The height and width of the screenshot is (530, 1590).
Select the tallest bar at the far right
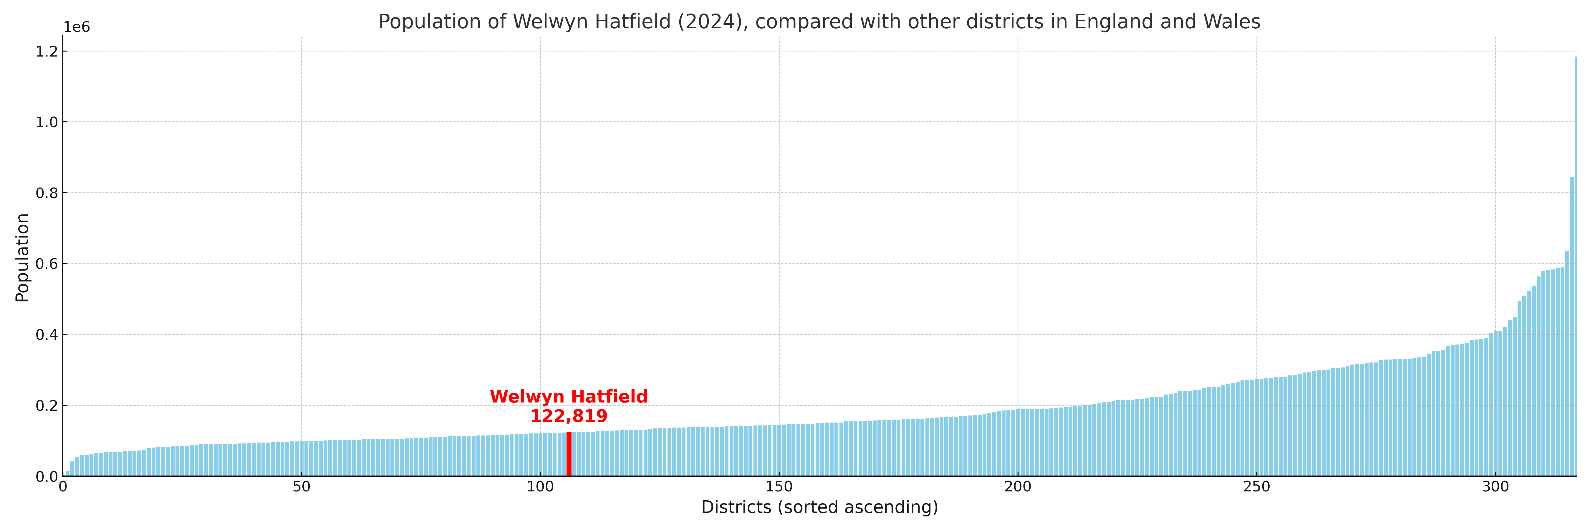click(x=1575, y=265)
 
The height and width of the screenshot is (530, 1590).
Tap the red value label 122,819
click(x=569, y=416)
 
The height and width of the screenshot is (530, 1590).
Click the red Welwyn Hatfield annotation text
click(x=569, y=397)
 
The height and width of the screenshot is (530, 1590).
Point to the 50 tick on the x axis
click(x=301, y=487)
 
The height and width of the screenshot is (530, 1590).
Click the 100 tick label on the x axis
click(x=540, y=487)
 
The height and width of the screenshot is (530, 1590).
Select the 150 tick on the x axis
click(x=779, y=487)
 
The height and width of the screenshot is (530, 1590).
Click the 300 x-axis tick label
click(x=1495, y=487)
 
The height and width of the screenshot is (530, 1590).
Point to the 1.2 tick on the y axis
click(x=47, y=52)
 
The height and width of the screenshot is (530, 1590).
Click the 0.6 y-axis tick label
click(x=47, y=264)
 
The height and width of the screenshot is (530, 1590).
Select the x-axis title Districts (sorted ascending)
click(x=819, y=507)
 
